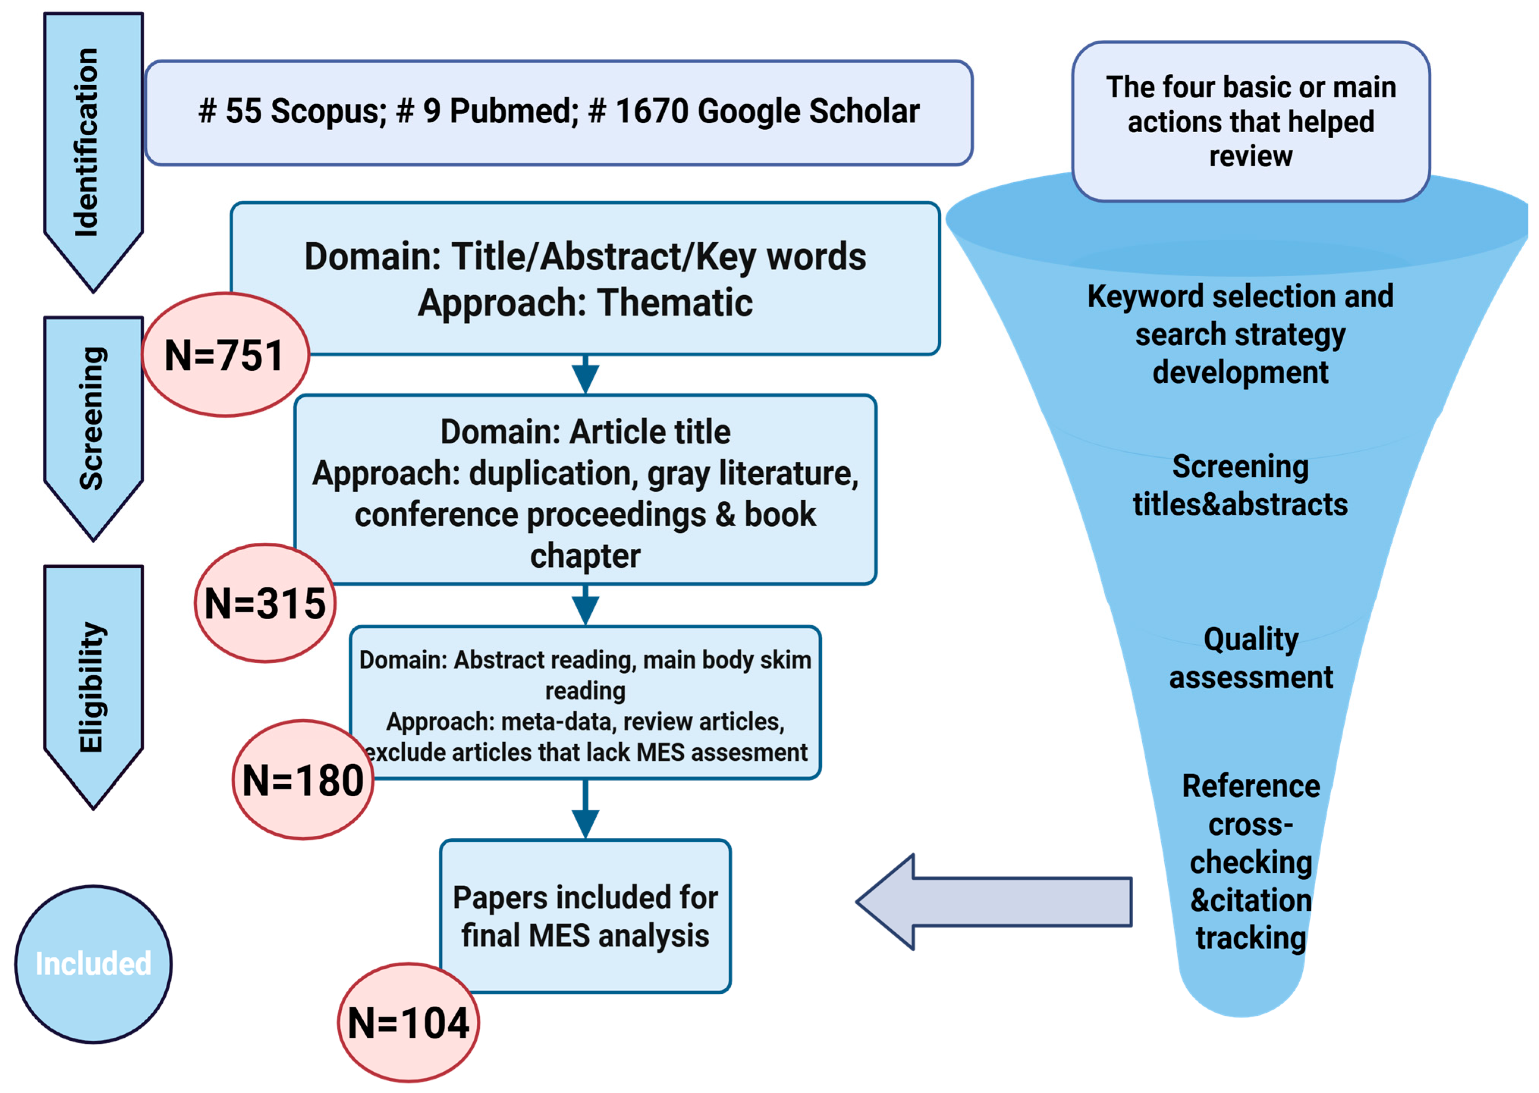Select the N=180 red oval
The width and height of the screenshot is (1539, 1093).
[303, 781]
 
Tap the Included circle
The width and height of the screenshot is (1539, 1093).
[93, 964]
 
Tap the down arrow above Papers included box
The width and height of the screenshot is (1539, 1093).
[585, 811]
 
